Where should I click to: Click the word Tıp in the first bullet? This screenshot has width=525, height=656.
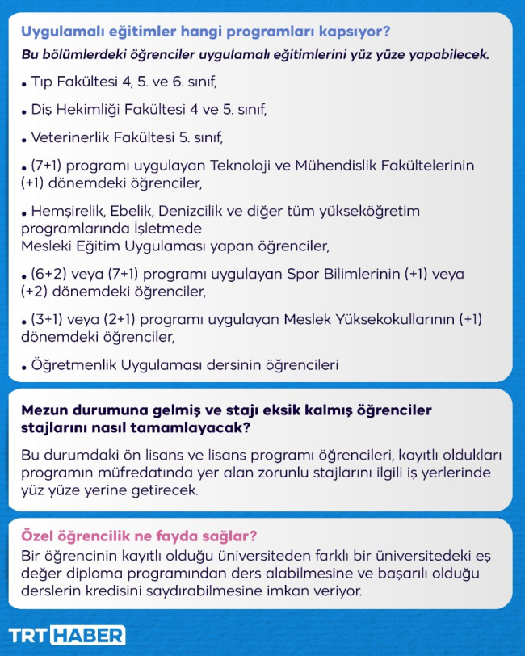(41, 82)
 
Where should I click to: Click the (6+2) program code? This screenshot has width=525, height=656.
(48, 274)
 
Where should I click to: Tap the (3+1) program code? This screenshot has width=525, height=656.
(48, 319)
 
